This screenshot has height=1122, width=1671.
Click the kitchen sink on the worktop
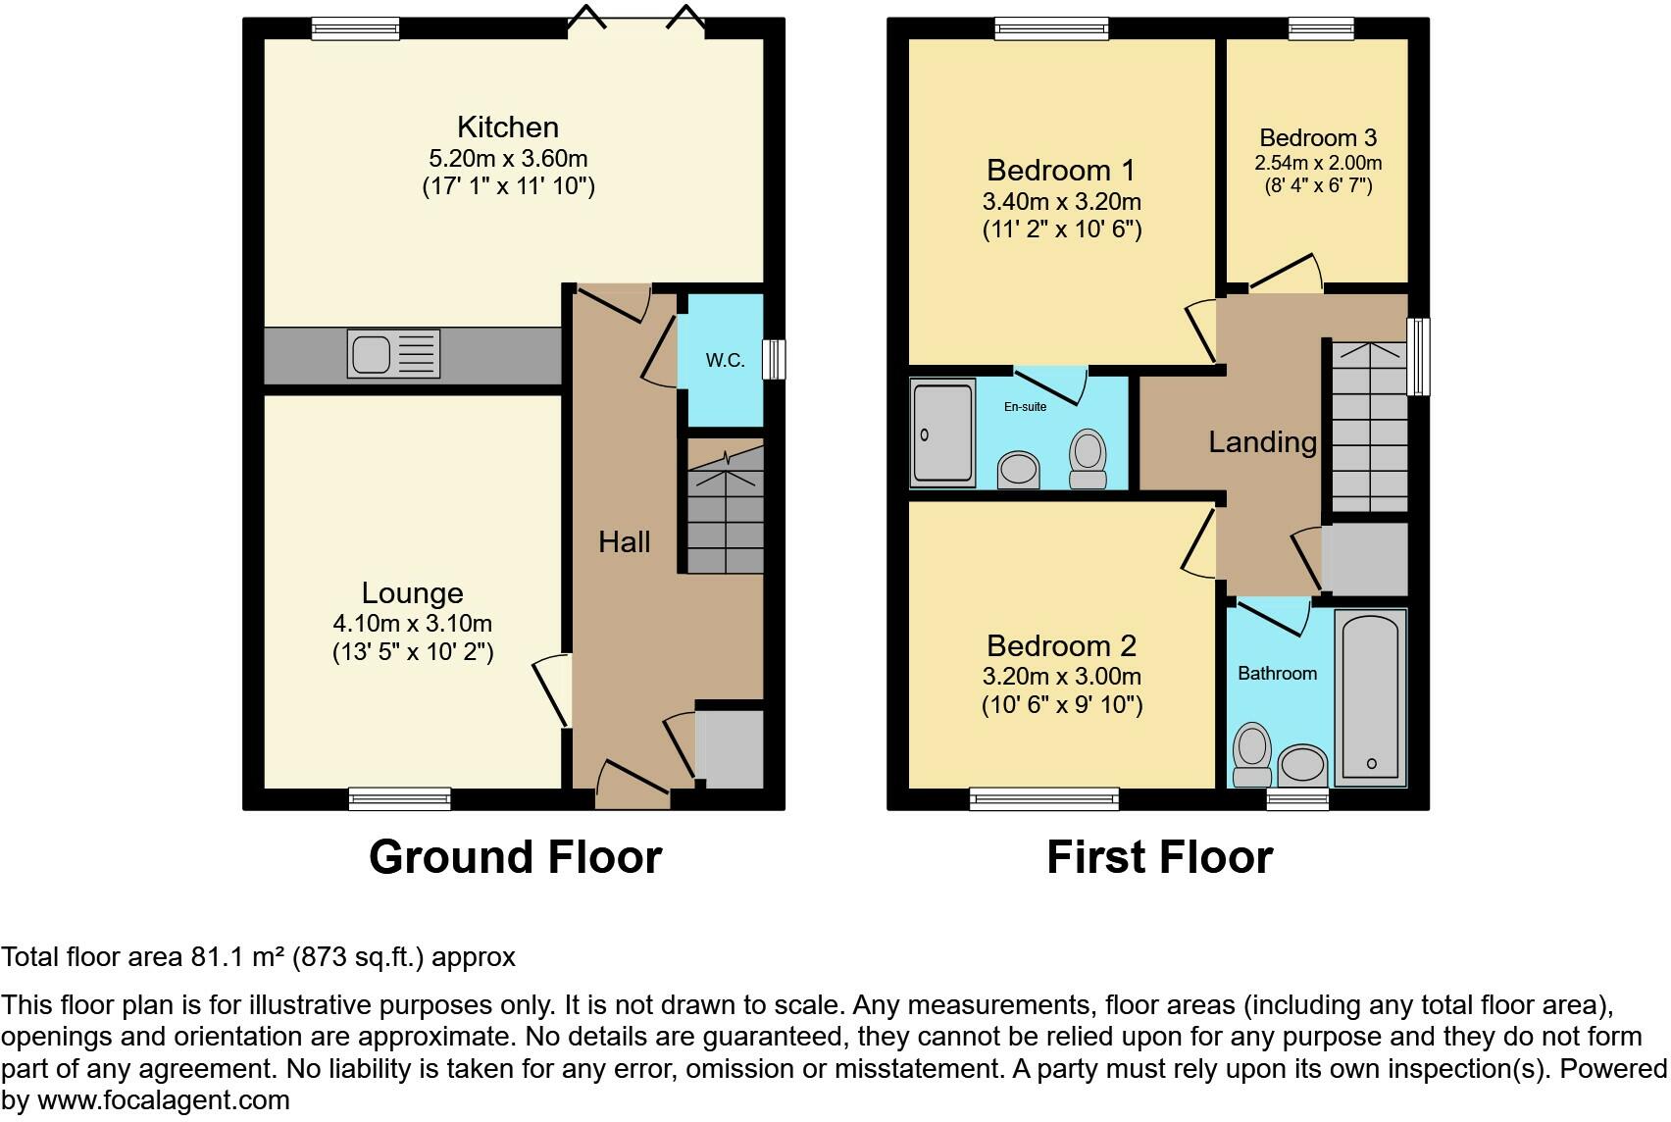tap(393, 353)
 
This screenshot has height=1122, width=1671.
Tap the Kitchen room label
tap(508, 127)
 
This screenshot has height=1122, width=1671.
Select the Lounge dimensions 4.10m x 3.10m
tap(412, 624)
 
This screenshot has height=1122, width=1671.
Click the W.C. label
tap(725, 360)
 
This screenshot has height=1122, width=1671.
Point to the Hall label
tap(625, 542)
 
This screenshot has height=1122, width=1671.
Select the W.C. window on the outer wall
tap(775, 359)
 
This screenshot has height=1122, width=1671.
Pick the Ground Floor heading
tap(515, 857)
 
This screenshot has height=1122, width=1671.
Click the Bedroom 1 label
tap(1060, 171)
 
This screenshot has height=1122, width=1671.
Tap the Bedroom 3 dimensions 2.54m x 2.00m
tap(1318, 163)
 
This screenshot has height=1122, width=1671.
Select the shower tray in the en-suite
tap(942, 433)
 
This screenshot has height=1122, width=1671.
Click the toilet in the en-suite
tap(1087, 458)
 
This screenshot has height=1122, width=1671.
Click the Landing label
tap(1262, 442)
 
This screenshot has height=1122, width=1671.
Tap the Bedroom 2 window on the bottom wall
tap(1043, 799)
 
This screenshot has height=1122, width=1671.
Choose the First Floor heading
tap(1159, 857)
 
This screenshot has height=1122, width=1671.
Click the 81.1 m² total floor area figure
tap(236, 957)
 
